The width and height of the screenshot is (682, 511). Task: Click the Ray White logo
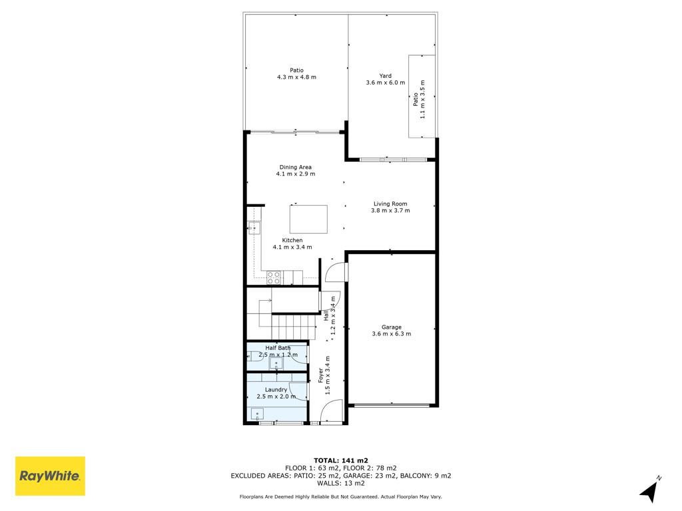tap(50, 476)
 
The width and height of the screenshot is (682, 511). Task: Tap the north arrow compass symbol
tap(650, 490)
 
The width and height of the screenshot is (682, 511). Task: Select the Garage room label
tap(392, 327)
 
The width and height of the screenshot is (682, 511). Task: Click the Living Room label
tap(390, 204)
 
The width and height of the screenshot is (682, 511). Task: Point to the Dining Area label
tap(295, 167)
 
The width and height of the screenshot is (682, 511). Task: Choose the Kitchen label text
tap(292, 240)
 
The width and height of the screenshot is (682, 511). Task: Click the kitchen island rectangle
tap(309, 220)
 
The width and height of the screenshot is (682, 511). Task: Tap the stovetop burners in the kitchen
tap(274, 277)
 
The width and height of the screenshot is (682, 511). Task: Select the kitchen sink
tap(254, 228)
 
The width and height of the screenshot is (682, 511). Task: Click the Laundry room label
tap(276, 390)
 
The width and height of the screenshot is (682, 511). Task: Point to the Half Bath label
tap(278, 347)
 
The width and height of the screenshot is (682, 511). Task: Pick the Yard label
tap(386, 76)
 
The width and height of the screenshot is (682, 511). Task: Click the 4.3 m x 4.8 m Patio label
tap(296, 73)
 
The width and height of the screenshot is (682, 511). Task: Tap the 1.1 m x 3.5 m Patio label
tap(419, 99)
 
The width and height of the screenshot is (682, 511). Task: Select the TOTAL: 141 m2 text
tap(341, 460)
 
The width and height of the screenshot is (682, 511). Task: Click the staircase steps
tap(293, 327)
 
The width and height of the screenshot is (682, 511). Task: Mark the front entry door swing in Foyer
tap(332, 411)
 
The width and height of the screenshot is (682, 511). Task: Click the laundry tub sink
tap(257, 414)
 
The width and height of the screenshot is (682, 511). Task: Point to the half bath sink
tap(276, 364)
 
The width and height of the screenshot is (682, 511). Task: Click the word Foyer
tap(321, 375)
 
